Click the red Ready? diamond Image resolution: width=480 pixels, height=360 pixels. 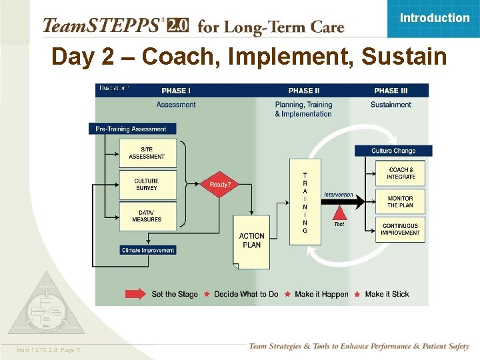click(219, 184)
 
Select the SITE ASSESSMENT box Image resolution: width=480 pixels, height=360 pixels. click(147, 153)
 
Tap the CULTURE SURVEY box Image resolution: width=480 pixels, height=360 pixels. click(147, 185)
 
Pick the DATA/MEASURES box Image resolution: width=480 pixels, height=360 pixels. click(147, 216)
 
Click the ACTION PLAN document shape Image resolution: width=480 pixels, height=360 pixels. click(251, 241)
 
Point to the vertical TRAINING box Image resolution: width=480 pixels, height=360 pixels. click(305, 202)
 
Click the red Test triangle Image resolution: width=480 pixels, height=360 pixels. click(339, 213)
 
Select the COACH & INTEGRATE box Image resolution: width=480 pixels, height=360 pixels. click(401, 173)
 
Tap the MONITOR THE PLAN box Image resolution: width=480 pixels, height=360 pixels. click(400, 201)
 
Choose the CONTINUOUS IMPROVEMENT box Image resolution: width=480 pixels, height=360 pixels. click(400, 229)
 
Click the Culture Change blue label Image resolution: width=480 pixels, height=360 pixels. click(393, 151)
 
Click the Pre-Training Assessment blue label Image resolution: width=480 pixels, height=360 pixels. click(131, 129)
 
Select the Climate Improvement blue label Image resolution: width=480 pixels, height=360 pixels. click(148, 251)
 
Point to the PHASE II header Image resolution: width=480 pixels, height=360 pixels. click(304, 91)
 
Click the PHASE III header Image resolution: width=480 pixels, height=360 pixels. click(391, 91)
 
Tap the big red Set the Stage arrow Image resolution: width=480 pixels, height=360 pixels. click(136, 294)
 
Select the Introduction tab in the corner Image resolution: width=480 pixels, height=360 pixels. click(434, 18)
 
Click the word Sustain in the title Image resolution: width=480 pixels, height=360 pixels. click(404, 57)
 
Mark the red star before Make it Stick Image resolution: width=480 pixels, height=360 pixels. click(357, 294)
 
